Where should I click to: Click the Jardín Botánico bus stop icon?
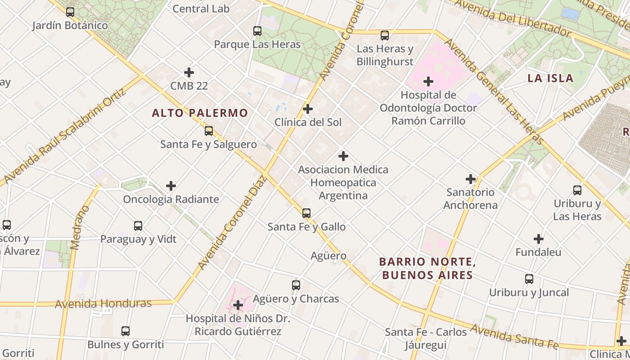tap(70, 12)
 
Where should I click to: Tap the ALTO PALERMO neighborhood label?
tap(200, 113)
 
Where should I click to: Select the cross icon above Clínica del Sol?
tap(308, 109)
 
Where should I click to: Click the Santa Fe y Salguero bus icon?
tap(209, 131)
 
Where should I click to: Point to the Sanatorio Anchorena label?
tap(470, 199)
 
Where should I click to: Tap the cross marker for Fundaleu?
tap(538, 239)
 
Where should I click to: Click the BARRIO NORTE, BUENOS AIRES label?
tap(427, 268)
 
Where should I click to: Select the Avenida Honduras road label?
tap(103, 304)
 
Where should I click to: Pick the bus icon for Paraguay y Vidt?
tap(138, 226)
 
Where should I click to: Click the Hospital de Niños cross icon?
tap(238, 306)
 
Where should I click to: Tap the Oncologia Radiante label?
tap(171, 199)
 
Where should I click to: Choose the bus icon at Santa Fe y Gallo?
tap(306, 213)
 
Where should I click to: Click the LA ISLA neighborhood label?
tap(550, 78)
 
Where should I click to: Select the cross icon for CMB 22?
tap(189, 72)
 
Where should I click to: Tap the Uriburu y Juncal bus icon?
tap(529, 279)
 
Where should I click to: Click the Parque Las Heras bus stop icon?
tap(257, 31)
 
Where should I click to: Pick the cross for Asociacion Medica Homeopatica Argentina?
tap(343, 156)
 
